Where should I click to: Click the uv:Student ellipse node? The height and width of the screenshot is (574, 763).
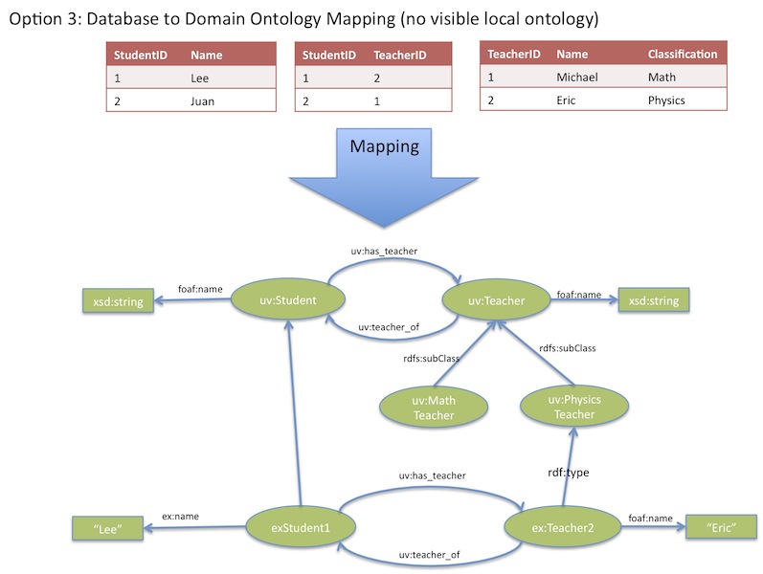[x=288, y=301]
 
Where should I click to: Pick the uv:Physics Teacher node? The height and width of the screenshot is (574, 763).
[x=573, y=407]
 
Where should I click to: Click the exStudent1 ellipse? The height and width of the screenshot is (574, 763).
[x=301, y=525]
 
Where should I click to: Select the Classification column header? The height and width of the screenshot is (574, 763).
[x=682, y=55]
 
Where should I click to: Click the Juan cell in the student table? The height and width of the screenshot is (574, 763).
[x=202, y=100]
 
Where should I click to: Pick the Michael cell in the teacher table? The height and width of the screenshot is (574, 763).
[x=577, y=77]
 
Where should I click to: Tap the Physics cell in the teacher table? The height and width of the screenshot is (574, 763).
[x=666, y=99]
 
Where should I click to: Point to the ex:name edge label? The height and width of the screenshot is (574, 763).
[x=180, y=517]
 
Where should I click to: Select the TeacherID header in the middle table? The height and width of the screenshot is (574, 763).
[x=399, y=55]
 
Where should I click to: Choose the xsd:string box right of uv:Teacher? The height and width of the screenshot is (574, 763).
[x=652, y=300]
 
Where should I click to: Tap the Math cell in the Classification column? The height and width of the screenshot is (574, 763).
[x=662, y=77]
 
